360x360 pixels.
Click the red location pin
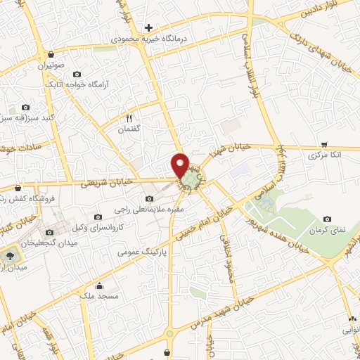point(181,165)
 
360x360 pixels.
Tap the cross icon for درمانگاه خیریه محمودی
point(148,27)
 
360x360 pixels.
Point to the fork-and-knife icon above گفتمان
point(129,118)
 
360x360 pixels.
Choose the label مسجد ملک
point(98,297)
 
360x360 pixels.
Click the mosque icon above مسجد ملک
point(100,285)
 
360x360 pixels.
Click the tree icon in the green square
point(12,255)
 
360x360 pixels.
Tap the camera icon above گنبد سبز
point(26,106)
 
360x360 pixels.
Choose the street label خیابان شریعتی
point(101,182)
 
